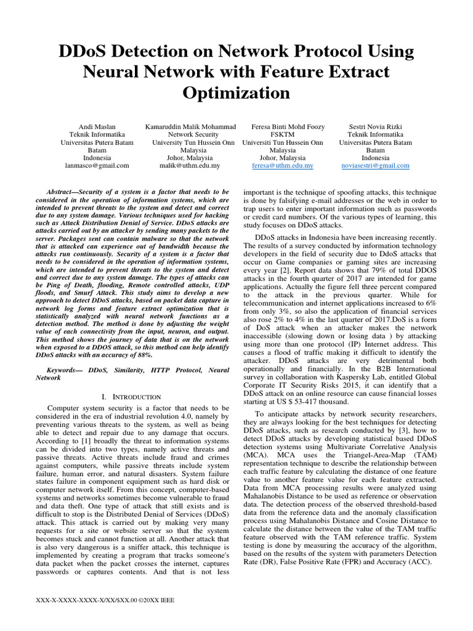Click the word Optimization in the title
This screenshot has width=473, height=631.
click(x=236, y=93)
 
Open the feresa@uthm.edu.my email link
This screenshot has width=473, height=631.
click(x=283, y=166)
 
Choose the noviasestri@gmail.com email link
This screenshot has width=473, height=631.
click(x=375, y=166)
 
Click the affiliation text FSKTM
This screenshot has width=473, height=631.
click(x=283, y=134)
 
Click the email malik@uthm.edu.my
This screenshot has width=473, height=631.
click(x=190, y=166)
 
